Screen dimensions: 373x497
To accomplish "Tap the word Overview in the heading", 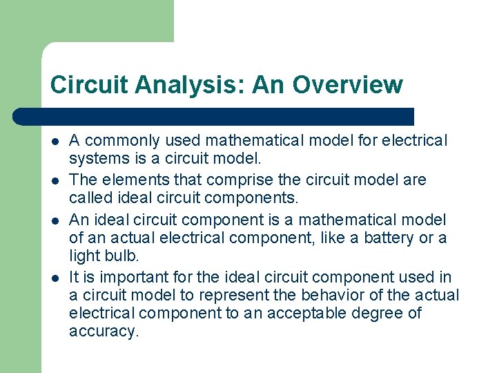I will pyautogui.click(x=347, y=84).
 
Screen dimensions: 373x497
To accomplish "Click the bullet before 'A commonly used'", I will pyautogui.click(x=55, y=141).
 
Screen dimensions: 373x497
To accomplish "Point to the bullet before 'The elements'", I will pyautogui.click(x=55, y=180).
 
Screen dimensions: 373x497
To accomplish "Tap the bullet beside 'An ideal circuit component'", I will pyautogui.click(x=55, y=220).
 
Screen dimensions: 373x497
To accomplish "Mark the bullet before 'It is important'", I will pyautogui.click(x=55, y=278).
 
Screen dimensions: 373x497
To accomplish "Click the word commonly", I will pyautogui.click(x=117, y=141).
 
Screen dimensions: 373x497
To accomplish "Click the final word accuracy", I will pyautogui.click(x=104, y=331).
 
